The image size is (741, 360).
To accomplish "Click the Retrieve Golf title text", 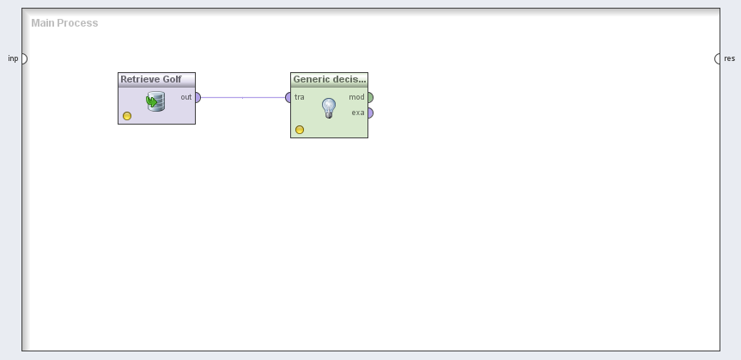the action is pos(151,79).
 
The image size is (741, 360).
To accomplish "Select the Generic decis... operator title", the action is pos(330,79).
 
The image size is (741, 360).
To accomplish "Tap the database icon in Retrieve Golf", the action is pos(155,101).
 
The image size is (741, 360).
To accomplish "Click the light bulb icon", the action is pos(329,108).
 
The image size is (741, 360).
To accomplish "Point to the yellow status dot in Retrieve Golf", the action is pos(127,116).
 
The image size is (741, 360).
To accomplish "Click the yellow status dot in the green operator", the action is pos(299,130).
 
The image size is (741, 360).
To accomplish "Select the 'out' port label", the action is pos(186,97).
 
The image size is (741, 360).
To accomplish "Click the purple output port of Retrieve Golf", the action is pos(198,97).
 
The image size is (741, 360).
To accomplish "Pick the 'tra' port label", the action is pos(299,97).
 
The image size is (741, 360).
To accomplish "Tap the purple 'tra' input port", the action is pos(288,97).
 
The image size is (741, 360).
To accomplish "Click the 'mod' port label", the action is pos(357,97).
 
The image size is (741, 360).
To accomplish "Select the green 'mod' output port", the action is pos(371,97).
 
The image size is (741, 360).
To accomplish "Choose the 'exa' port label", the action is pos(358,113).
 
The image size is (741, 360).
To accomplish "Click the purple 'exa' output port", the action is pos(371,113).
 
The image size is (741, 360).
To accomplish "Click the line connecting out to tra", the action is pos(243,97).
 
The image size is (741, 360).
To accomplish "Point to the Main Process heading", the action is pos(64,22).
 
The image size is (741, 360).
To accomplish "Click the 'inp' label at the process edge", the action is pos(13,58).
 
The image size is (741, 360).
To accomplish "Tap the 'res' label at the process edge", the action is pos(730,58).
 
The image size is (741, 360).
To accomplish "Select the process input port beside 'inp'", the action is pos(25,58).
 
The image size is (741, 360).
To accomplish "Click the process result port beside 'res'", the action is pos(717,58).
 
